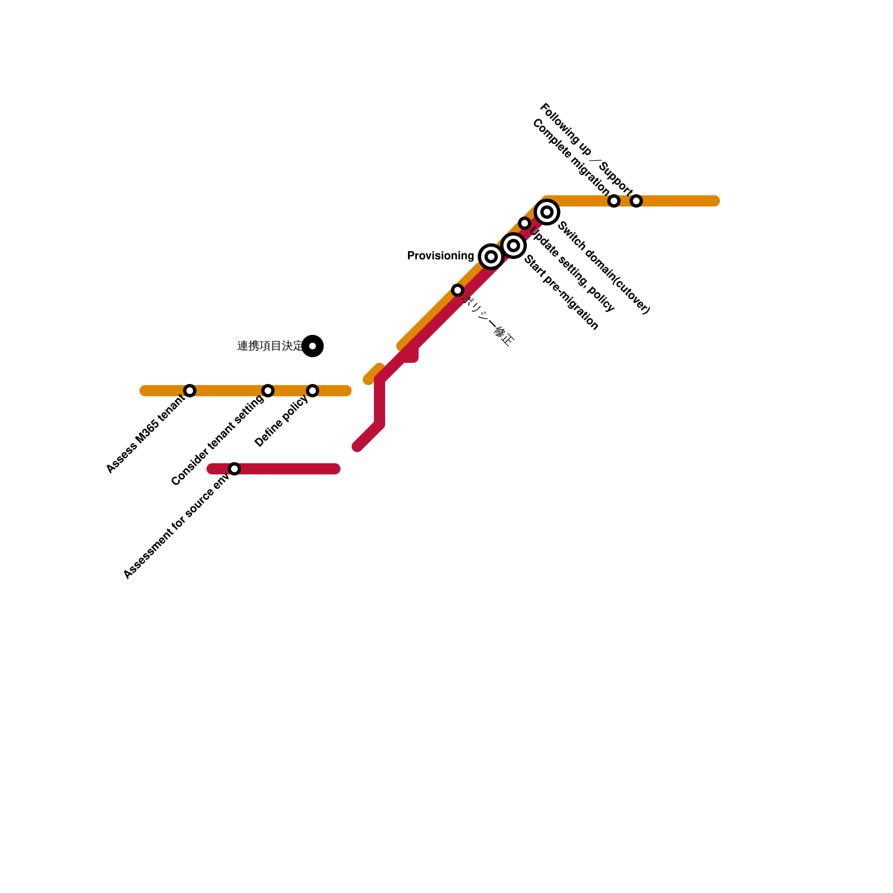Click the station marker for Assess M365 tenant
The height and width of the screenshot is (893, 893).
(x=190, y=391)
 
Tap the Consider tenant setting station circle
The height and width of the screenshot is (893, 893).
(x=268, y=391)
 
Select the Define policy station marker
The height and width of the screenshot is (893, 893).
(x=313, y=391)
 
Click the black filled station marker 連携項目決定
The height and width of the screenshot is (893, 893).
(x=313, y=346)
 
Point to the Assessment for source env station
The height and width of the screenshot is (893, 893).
(x=234, y=469)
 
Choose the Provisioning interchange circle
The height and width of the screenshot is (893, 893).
(x=491, y=257)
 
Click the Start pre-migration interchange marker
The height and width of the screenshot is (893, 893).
(x=513, y=246)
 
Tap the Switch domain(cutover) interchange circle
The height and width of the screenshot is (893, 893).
(x=547, y=212)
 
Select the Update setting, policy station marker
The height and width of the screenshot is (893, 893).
(x=525, y=223)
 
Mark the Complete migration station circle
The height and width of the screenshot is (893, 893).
(x=614, y=201)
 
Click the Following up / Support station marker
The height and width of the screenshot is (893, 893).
(x=636, y=201)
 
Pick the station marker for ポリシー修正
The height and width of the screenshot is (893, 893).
(x=458, y=290)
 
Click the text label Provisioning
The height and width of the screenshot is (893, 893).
(x=440, y=256)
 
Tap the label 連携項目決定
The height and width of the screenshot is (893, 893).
(x=270, y=346)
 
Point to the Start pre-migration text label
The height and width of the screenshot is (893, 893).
(x=561, y=292)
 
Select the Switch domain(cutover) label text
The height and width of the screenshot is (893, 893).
(x=604, y=268)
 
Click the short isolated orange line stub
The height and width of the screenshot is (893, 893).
(x=373, y=374)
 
